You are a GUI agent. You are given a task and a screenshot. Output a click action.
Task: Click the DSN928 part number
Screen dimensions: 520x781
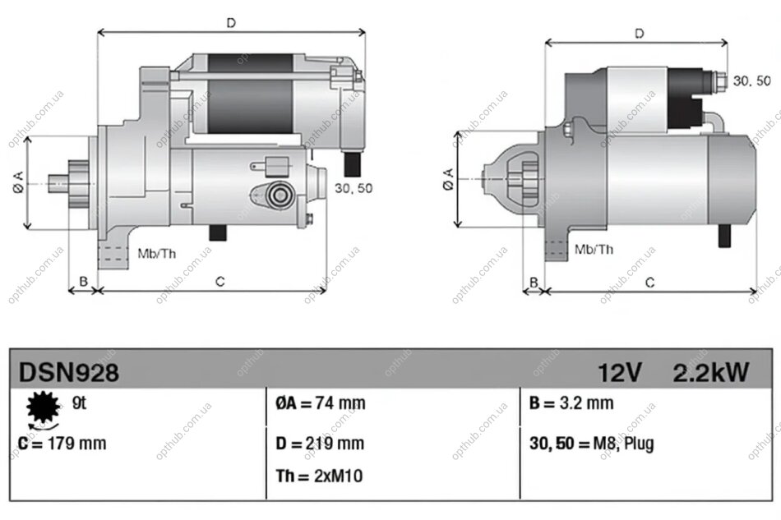(x=69, y=374)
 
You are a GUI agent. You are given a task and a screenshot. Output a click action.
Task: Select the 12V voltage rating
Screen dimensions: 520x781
(x=620, y=374)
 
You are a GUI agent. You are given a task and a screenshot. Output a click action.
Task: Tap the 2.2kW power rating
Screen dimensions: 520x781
(x=711, y=374)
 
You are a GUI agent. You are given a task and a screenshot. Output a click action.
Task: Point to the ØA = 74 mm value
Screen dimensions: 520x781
(x=320, y=403)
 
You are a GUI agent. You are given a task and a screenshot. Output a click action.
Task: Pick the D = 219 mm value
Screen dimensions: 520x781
(x=320, y=444)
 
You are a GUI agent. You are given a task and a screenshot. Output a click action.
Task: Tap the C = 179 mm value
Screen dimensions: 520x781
(x=62, y=444)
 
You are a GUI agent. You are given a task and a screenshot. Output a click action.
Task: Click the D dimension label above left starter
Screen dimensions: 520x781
(x=231, y=23)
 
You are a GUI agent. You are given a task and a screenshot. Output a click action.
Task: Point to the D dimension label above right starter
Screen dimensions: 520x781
(x=639, y=34)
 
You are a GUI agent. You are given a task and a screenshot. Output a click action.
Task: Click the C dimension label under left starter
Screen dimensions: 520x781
(x=220, y=282)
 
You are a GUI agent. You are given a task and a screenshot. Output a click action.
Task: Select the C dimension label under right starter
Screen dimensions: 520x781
(x=649, y=283)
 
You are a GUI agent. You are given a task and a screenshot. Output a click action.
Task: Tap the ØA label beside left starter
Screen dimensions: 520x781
(x=18, y=187)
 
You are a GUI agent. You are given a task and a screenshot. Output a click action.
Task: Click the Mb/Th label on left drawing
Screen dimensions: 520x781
(x=156, y=253)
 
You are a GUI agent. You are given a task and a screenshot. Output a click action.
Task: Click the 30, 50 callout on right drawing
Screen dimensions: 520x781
(x=751, y=81)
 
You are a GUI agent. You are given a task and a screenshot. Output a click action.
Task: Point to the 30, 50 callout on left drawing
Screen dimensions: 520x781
(x=354, y=188)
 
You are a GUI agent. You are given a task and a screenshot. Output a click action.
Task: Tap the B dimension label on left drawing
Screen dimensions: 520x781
(x=82, y=282)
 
